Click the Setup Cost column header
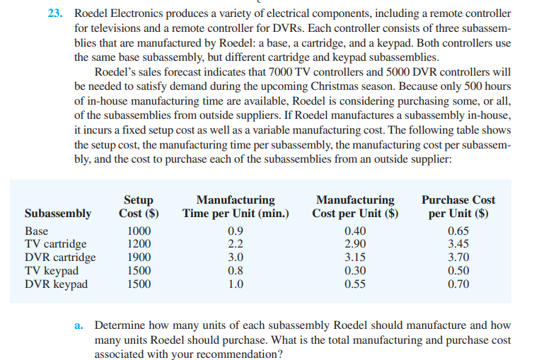pos(138,207)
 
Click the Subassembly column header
pos(58,214)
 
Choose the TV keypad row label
pos(52,271)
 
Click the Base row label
pos(36,231)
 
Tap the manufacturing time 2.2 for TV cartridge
pos(234,245)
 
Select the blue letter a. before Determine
pos(79,326)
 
